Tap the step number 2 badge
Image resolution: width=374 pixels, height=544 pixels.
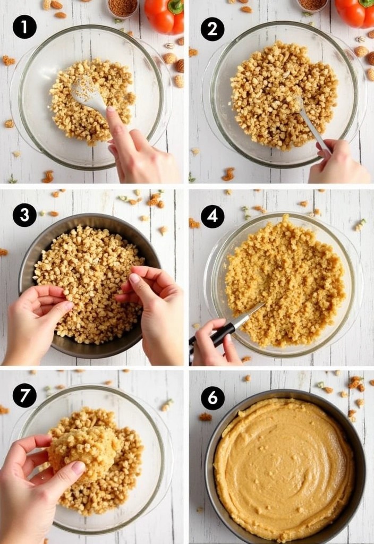pyautogui.click(x=212, y=29)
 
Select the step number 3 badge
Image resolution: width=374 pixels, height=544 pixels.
pyautogui.click(x=24, y=215)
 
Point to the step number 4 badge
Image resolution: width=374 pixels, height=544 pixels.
pyautogui.click(x=212, y=216)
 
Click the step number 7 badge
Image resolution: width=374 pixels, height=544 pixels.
pyautogui.click(x=24, y=395)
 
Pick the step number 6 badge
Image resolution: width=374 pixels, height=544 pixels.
pyautogui.click(x=212, y=398)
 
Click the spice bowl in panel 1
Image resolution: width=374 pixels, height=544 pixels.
pyautogui.click(x=122, y=7)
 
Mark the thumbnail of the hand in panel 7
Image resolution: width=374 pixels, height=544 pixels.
pyautogui.click(x=79, y=467)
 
